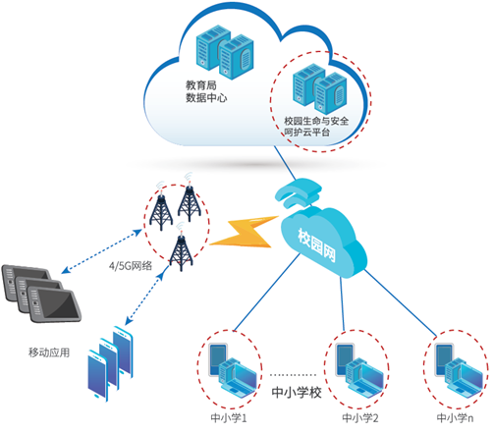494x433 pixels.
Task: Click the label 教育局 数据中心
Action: coord(206,91)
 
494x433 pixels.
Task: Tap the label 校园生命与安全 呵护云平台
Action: coord(316,127)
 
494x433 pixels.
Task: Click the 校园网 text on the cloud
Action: coord(316,244)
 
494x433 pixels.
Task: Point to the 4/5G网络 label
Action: coord(131,265)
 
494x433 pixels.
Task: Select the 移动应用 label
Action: coord(49,352)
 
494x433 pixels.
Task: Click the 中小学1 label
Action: coord(229,417)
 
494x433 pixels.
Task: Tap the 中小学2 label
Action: coord(360,417)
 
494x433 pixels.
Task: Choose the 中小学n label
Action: coord(455,417)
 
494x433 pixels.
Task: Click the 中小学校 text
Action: coord(297,392)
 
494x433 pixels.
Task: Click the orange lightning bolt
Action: coord(244,233)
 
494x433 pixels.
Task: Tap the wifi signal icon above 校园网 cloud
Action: coord(299,193)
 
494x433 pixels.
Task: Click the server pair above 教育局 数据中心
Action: coord(225,52)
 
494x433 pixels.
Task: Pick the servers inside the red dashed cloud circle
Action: coord(320,88)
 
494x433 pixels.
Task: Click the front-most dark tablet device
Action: coord(54,304)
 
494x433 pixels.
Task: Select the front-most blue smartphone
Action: coord(97,375)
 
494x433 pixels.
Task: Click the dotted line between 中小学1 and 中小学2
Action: coord(293,375)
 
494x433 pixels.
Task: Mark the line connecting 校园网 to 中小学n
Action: coord(401,303)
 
